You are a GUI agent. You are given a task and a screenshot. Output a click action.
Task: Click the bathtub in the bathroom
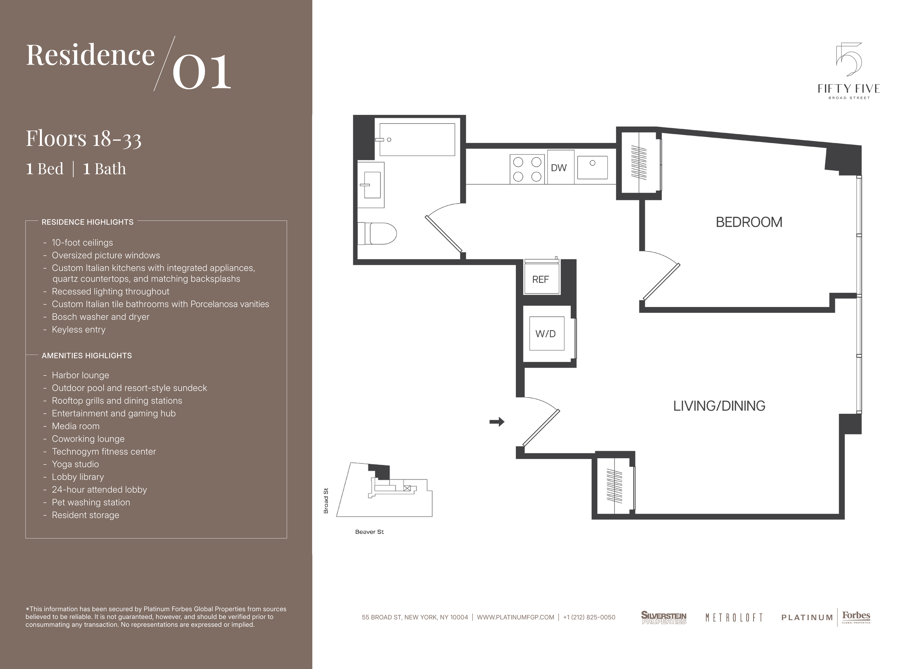coord(417,140)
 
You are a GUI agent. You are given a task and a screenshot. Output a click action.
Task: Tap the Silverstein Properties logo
coord(664,618)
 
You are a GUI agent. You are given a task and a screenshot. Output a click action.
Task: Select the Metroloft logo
coord(734,618)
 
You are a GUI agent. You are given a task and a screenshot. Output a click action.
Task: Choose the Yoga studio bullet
coord(75,464)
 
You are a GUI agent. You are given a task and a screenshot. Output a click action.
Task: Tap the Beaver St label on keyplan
coord(369,532)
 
